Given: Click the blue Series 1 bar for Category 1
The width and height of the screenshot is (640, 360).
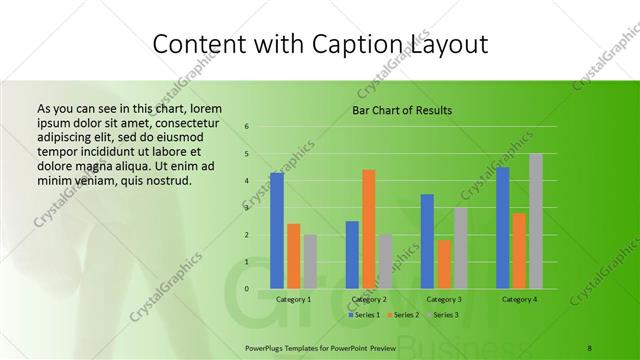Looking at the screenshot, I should [x=276, y=231].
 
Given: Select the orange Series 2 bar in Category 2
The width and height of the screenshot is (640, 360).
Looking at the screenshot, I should [x=368, y=229].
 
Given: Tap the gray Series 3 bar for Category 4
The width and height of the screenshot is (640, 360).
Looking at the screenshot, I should [x=536, y=221].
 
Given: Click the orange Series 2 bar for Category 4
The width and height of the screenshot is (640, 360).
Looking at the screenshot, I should [x=519, y=251].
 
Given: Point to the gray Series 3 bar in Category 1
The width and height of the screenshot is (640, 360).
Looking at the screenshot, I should [x=310, y=262].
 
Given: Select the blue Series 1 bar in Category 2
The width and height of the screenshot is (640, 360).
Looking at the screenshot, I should [x=352, y=255].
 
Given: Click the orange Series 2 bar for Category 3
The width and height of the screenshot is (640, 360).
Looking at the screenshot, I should [x=444, y=264].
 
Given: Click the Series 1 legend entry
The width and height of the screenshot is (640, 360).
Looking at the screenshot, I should [x=364, y=315].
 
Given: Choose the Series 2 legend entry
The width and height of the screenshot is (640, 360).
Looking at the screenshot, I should [x=404, y=315].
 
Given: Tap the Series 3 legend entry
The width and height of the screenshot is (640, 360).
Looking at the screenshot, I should [x=444, y=315].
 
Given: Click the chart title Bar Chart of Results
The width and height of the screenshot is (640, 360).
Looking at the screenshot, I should [x=402, y=110].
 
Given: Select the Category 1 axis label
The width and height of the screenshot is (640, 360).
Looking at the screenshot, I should [x=293, y=299].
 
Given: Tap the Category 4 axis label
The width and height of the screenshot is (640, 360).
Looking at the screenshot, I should [x=519, y=299].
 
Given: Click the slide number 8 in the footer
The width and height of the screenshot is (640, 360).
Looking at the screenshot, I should [x=589, y=346].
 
